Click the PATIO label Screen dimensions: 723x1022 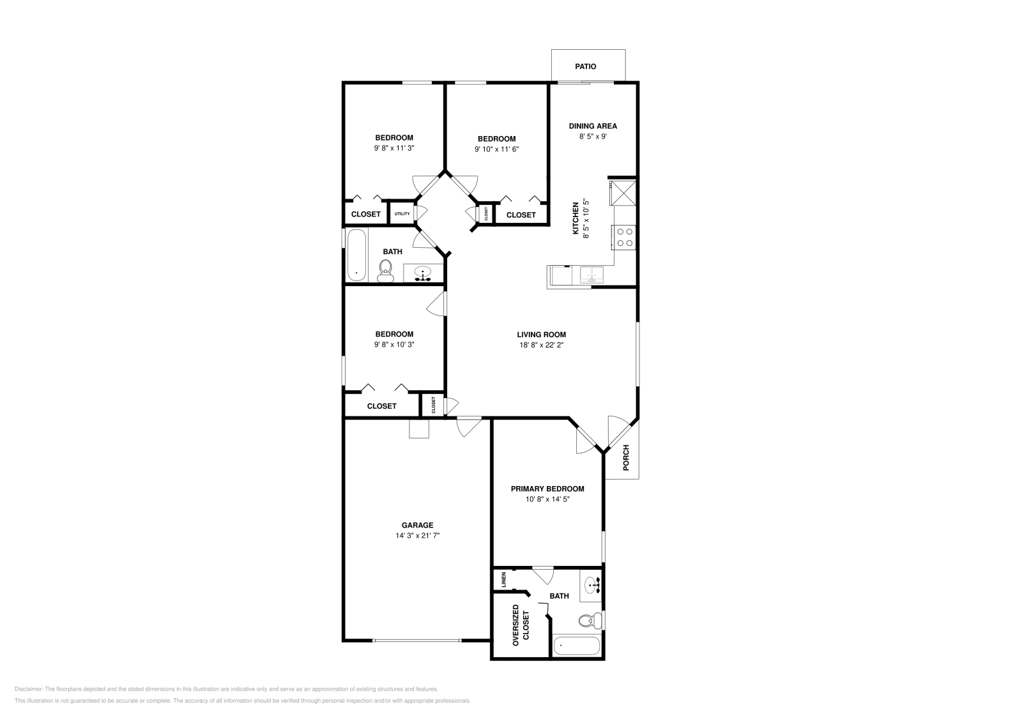(585, 66)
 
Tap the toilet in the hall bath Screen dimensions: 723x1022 (385, 271)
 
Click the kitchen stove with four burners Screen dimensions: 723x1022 (624, 237)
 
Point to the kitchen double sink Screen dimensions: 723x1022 (592, 275)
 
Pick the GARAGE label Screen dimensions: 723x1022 (417, 526)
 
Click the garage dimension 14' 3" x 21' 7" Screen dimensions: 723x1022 (417, 536)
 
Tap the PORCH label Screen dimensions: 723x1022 (626, 458)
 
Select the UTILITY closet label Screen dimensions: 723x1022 (402, 214)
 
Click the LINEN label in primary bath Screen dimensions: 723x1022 (504, 580)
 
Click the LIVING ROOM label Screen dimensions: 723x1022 (541, 335)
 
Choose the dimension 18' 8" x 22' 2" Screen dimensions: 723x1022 (541, 345)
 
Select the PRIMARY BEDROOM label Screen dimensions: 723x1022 (547, 489)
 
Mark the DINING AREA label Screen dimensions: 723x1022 (593, 126)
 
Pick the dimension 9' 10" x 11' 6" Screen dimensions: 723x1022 (496, 149)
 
